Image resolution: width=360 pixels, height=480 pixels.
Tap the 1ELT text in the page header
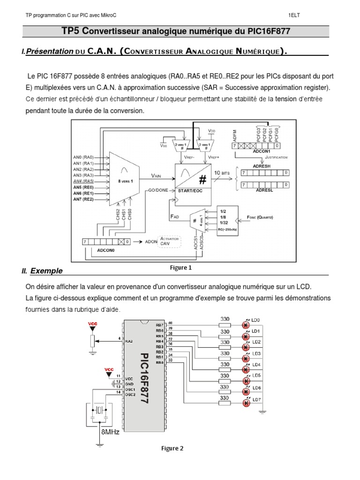(294, 15)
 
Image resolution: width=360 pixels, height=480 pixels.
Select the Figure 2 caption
(172, 448)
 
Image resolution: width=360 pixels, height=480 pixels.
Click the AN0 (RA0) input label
(83, 157)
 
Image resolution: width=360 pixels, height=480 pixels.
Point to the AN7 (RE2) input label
(83, 199)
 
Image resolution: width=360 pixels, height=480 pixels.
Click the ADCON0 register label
(106, 250)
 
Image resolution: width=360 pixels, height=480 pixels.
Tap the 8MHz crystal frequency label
(110, 432)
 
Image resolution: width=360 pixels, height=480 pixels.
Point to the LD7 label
(256, 400)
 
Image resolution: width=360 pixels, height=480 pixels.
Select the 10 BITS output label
(223, 173)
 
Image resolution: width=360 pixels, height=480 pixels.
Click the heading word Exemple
(46, 271)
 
